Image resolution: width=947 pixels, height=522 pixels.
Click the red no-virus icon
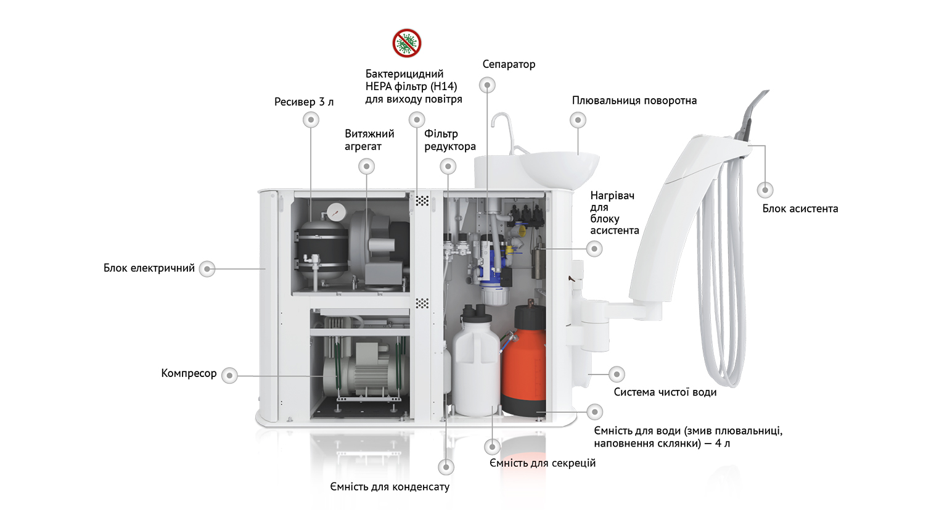pyautogui.click(x=406, y=43)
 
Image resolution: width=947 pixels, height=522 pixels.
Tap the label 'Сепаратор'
pyautogui.click(x=509, y=64)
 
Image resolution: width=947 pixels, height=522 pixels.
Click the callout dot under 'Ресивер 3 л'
pyautogui.click(x=311, y=120)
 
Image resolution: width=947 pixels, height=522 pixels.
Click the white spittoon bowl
pyautogui.click(x=559, y=170)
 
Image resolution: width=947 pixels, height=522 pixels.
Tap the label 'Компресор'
pyautogui.click(x=189, y=373)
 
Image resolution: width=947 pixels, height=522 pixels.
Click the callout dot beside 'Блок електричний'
pyautogui.click(x=207, y=268)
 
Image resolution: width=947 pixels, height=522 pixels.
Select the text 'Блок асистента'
pyautogui.click(x=800, y=209)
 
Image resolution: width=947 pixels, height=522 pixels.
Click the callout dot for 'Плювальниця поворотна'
pyautogui.click(x=578, y=120)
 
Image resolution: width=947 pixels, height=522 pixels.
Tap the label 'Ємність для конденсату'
pyautogui.click(x=390, y=487)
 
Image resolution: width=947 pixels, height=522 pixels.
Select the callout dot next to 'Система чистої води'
pyautogui.click(x=617, y=374)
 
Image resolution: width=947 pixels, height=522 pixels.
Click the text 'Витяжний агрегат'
pyautogui.click(x=369, y=140)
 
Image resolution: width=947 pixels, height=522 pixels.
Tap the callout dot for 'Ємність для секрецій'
pyautogui.click(x=492, y=446)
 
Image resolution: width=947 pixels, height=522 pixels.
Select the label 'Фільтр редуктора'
pyautogui.click(x=450, y=140)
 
